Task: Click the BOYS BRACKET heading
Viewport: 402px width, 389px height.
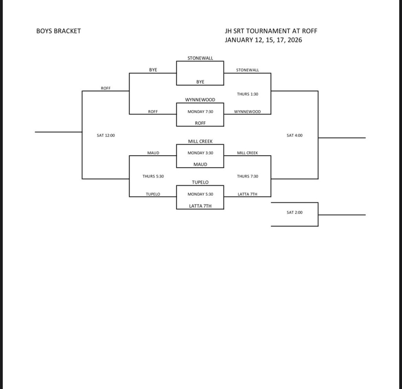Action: pos(58,31)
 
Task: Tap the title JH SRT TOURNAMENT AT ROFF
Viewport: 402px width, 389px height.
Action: pos(271,31)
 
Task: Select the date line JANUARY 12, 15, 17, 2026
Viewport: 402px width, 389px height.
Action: pos(263,40)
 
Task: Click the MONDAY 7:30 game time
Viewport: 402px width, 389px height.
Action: pos(200,112)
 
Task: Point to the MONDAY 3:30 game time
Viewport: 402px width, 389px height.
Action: pos(200,153)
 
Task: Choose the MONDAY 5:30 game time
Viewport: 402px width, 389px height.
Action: pos(200,194)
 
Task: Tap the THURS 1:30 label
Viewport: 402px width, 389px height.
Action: pos(248,94)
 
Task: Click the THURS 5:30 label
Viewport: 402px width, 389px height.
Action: pos(153,176)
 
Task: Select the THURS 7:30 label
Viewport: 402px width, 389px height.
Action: pos(248,176)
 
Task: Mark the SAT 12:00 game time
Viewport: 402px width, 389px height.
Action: pos(106,136)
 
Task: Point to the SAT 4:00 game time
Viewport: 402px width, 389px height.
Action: pos(295,136)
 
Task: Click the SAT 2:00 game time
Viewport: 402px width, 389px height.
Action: pos(295,213)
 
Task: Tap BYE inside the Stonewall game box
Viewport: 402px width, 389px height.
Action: pos(200,82)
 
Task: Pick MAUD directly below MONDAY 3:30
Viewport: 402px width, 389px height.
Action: pos(200,164)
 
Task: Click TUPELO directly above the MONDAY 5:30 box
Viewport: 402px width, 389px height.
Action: pos(200,182)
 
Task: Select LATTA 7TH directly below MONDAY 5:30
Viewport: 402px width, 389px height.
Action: pos(200,206)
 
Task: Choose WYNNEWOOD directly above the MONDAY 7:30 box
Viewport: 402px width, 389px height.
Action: pos(200,100)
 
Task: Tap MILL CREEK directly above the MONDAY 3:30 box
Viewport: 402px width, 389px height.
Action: pos(200,141)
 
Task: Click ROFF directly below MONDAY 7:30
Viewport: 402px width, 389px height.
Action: pos(200,123)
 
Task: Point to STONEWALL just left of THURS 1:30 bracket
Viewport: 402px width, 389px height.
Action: pos(247,70)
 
